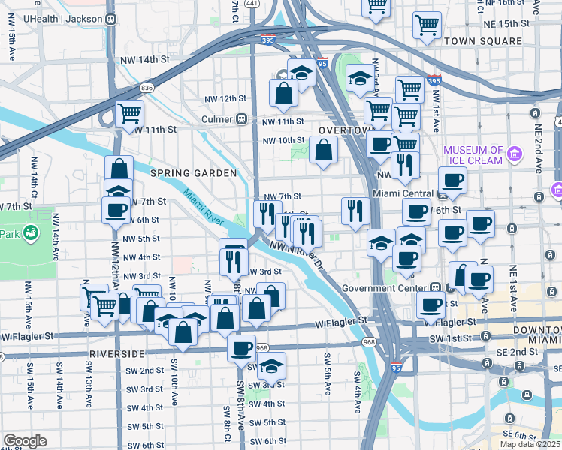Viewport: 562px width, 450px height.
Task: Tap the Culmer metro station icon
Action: coord(242,119)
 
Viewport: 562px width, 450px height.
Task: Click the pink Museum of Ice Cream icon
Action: coord(515,155)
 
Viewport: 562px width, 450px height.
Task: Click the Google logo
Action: coord(25,441)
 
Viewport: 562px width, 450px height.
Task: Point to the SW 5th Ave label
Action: coord(328,373)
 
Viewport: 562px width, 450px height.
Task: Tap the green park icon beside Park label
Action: coord(32,234)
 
